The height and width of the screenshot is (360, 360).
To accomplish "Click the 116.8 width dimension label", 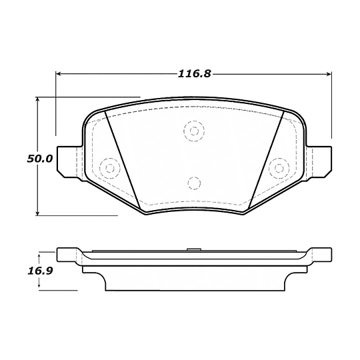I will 194,74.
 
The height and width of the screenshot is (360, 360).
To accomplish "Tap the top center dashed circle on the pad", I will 193,130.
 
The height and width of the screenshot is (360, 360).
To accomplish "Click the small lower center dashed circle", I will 193,182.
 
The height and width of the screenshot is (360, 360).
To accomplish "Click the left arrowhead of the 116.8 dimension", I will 58,74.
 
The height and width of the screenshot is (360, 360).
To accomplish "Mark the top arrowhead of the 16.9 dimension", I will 39,255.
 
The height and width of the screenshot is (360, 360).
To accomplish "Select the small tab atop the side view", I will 193,250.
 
